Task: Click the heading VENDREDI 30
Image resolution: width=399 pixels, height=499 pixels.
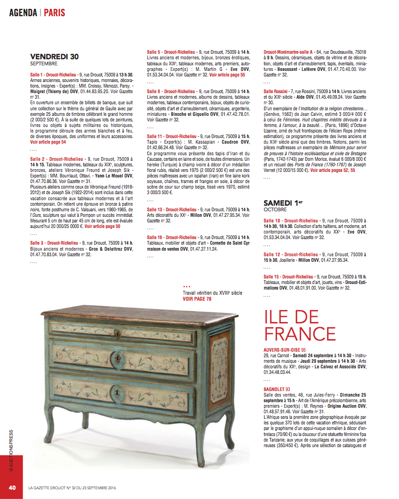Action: click(54, 57)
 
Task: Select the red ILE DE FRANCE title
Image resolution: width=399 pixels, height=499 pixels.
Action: click(300, 325)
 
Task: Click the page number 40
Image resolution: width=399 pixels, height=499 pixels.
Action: click(13, 487)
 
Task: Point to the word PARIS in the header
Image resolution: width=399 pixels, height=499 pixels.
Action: click(55, 13)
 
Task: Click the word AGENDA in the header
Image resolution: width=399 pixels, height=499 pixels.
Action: click(23, 13)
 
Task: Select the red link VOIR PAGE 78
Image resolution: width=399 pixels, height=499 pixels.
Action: click(197, 299)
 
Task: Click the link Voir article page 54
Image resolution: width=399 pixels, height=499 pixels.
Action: click(48, 142)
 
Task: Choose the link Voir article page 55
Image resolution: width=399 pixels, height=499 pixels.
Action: click(227, 75)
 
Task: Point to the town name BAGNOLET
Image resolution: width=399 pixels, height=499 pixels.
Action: click(274, 389)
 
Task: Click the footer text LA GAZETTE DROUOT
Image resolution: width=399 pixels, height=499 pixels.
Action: click(51, 488)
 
